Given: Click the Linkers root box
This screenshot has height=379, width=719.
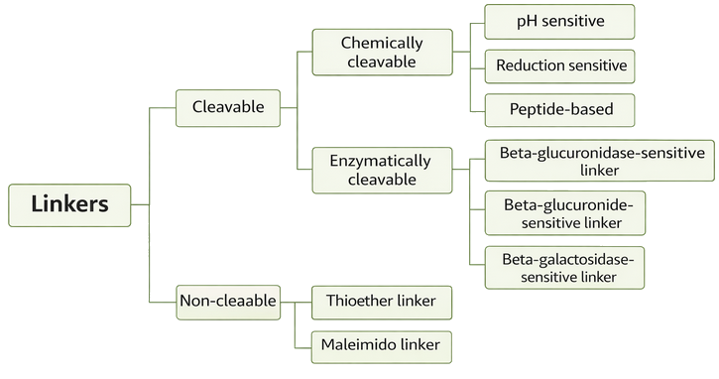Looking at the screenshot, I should click(69, 205).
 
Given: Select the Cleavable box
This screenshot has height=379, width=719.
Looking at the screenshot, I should click(227, 107).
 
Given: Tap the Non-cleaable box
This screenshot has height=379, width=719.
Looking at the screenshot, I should click(227, 299).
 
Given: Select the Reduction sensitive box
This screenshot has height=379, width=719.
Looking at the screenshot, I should click(559, 65).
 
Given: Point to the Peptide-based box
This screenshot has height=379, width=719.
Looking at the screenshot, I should click(559, 109).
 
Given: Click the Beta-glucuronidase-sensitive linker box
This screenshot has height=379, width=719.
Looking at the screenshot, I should click(599, 161).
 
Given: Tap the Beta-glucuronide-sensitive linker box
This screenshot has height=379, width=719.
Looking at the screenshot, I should click(564, 212).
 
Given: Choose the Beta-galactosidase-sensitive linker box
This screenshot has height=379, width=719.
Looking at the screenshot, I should click(564, 268).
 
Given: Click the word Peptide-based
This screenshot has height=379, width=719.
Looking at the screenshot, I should click(559, 109).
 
